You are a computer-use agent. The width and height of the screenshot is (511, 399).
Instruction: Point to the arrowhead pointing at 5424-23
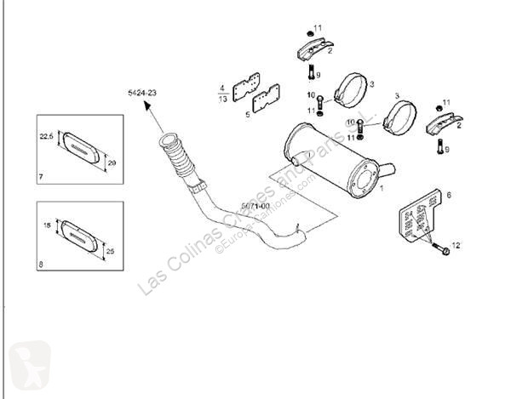tap(146, 105)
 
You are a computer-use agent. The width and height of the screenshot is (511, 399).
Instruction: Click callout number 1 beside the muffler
tap(382, 188)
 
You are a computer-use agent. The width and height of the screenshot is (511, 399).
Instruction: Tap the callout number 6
tap(448, 195)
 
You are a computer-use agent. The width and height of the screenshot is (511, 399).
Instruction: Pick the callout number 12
tap(456, 245)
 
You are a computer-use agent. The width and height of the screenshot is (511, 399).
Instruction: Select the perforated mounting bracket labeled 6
tap(418, 219)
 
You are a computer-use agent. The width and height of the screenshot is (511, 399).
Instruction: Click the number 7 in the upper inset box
tap(41, 176)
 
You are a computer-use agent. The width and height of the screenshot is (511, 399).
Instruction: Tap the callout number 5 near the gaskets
tap(248, 112)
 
